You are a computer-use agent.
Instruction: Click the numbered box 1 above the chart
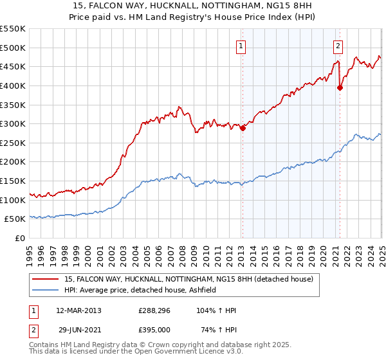click(240, 46)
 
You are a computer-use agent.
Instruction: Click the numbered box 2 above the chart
click(338, 46)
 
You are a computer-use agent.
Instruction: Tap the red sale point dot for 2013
click(243, 128)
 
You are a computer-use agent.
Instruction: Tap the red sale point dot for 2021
click(340, 88)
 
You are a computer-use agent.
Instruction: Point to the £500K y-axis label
click(13, 48)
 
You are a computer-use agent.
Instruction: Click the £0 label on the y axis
click(21, 238)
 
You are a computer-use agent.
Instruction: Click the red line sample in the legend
click(45, 279)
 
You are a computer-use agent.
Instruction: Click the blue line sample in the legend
click(45, 289)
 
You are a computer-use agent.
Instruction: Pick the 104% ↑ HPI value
click(217, 310)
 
